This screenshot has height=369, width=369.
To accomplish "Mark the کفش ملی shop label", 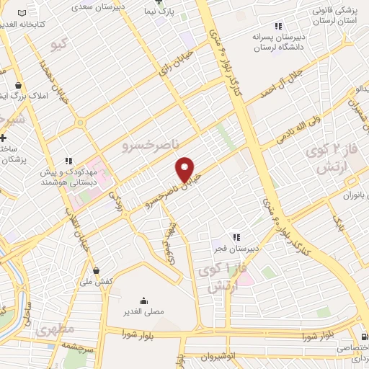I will tap(99, 281).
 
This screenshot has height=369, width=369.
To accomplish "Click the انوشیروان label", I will tap(218, 356).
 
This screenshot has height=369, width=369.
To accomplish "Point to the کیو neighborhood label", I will tap(61, 45).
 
